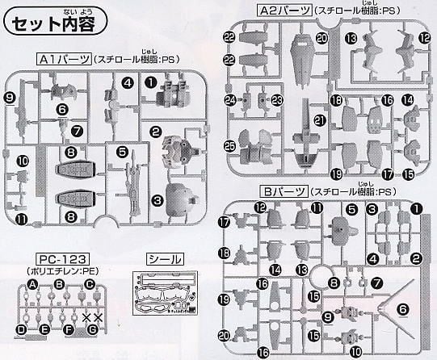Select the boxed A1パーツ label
pos(63,60)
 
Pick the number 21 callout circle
pos(297,120)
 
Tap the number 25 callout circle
pos(230,145)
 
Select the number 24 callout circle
pos(230,100)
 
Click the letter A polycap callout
pos(33,285)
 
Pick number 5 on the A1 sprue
pos(123,149)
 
